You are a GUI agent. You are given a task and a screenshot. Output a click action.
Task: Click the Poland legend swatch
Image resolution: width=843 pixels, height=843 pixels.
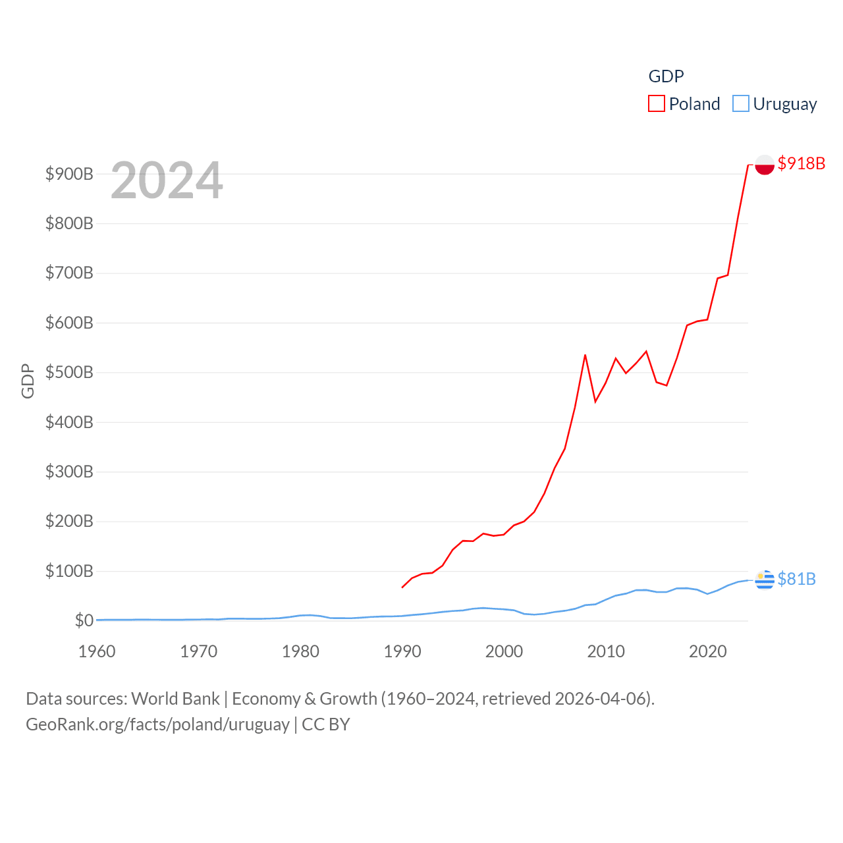click(657, 104)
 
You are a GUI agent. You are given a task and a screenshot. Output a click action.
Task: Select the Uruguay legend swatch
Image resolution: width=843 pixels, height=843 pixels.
click(741, 104)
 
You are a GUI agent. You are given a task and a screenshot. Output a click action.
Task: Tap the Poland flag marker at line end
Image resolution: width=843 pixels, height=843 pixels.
click(765, 164)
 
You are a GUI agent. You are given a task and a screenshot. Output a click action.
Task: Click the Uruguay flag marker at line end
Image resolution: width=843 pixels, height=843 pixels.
click(765, 580)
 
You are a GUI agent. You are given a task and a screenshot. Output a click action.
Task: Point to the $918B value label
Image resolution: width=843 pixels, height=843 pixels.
click(801, 163)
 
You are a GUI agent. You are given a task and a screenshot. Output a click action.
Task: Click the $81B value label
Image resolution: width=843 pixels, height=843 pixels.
click(796, 579)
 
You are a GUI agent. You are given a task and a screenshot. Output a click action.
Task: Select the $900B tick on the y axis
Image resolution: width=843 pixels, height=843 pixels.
click(69, 174)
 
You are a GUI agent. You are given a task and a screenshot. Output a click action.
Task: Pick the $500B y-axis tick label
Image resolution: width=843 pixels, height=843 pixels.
click(69, 372)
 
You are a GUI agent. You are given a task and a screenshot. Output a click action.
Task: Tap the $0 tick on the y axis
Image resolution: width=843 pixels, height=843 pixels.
click(84, 620)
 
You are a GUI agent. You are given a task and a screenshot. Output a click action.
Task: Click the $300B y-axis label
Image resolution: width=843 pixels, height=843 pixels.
click(69, 472)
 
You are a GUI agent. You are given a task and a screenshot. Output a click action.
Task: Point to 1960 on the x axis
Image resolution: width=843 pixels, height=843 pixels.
click(97, 651)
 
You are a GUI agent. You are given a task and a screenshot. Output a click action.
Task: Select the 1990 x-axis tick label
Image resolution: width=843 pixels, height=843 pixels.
click(402, 651)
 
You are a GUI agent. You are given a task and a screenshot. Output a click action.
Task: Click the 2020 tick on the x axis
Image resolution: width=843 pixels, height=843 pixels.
click(708, 651)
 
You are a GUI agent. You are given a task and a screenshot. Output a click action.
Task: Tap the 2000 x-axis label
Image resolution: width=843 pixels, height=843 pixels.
click(504, 651)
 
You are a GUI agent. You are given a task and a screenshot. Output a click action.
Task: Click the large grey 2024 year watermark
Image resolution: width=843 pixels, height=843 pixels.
click(167, 180)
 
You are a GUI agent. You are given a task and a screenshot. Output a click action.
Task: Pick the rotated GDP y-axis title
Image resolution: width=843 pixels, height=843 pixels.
click(28, 381)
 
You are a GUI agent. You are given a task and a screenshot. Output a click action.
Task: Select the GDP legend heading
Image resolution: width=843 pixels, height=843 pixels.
click(666, 76)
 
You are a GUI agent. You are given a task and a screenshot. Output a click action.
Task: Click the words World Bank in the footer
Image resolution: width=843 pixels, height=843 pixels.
click(175, 698)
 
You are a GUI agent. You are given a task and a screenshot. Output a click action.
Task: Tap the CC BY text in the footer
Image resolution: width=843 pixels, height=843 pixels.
click(326, 724)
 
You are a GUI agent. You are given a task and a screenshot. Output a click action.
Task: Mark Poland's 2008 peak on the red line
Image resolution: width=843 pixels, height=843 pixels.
click(585, 355)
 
